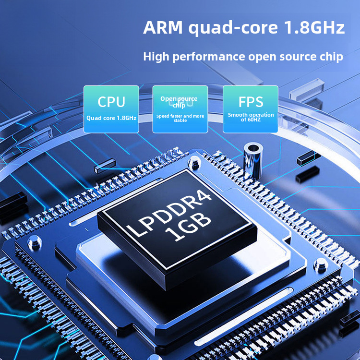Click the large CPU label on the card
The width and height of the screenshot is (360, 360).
[x=111, y=102]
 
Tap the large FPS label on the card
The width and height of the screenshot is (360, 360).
[x=251, y=102]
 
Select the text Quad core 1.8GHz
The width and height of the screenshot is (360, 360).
[x=111, y=117]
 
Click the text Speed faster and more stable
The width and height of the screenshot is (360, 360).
[x=180, y=118]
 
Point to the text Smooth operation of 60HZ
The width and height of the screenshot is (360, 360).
[x=251, y=117]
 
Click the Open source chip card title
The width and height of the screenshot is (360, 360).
[x=179, y=102]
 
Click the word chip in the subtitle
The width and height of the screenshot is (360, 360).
[x=331, y=57]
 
